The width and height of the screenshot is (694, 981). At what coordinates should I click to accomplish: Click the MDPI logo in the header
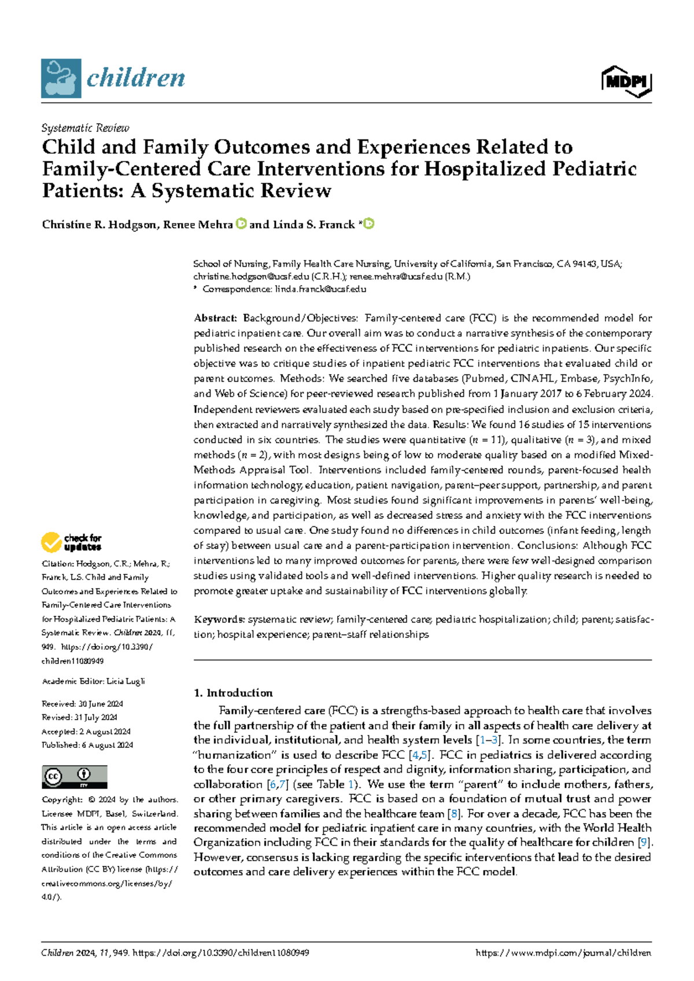(626, 82)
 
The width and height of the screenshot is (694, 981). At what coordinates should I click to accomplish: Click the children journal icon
(61, 78)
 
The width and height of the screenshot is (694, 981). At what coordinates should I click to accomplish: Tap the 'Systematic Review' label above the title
(85, 128)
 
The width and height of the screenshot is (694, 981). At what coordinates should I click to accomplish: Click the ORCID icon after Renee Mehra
(241, 224)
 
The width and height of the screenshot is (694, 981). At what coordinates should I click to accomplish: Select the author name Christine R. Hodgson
(99, 224)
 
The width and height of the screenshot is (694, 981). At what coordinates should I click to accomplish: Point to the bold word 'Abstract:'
(215, 318)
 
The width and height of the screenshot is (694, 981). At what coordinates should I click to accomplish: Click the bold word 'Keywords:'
(219, 619)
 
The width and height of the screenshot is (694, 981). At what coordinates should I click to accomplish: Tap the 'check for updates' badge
(71, 542)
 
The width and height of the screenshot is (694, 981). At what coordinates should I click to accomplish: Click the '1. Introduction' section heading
(233, 693)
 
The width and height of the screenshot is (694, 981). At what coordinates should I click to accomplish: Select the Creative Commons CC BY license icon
(74, 777)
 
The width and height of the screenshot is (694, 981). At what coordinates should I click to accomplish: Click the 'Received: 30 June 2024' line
(82, 704)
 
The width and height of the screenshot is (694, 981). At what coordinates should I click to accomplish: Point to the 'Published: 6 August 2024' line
(87, 745)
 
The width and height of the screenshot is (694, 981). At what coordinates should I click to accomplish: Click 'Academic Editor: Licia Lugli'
(93, 681)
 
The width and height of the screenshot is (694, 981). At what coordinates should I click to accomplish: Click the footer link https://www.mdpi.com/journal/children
(563, 953)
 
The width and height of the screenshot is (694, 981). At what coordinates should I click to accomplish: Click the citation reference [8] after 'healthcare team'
(454, 814)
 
